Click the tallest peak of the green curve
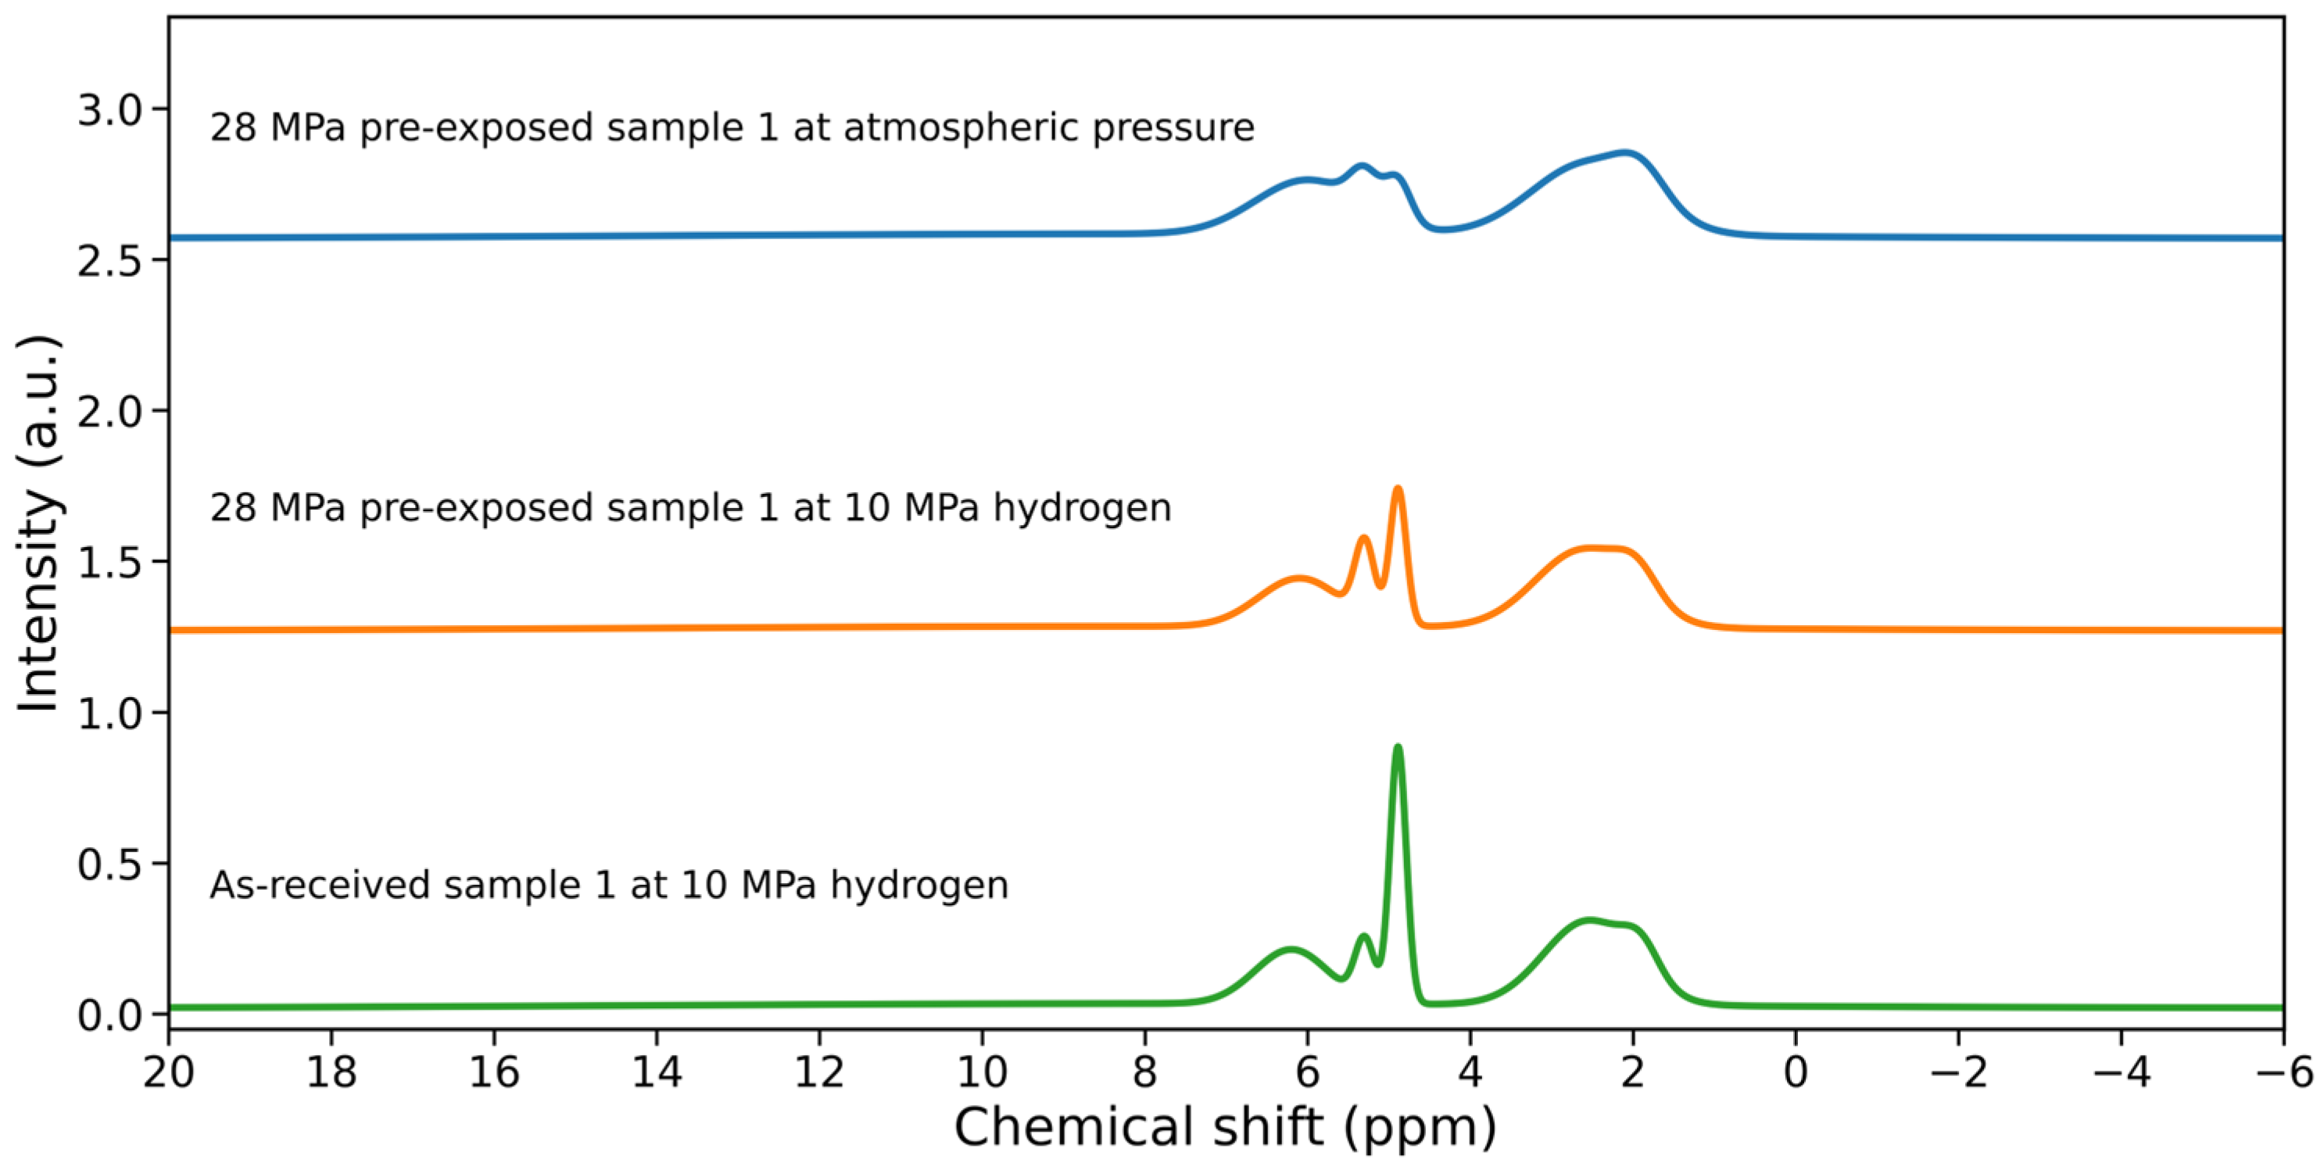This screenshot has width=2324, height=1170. pyautogui.click(x=1398, y=747)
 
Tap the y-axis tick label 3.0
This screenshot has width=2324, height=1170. pyautogui.click(x=110, y=110)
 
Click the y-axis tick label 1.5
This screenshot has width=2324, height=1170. pyautogui.click(x=110, y=563)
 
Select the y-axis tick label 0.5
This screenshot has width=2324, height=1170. pyautogui.click(x=110, y=865)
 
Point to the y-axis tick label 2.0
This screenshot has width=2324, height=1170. pyautogui.click(x=110, y=411)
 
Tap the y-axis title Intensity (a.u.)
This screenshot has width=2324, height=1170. pyautogui.click(x=38, y=523)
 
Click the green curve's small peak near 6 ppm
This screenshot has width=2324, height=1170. pyautogui.click(x=1290, y=949)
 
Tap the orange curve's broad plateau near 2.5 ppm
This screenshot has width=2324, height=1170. pyautogui.click(x=1597, y=548)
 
